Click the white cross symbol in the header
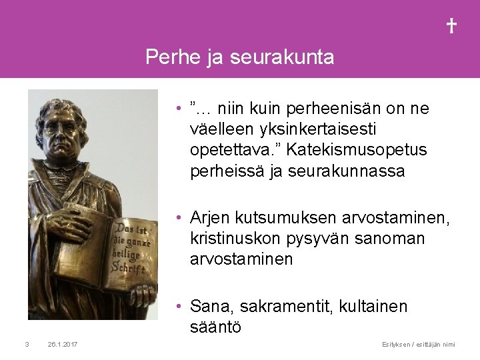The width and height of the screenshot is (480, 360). click(x=451, y=26)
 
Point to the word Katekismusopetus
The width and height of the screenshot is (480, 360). click(x=373, y=151)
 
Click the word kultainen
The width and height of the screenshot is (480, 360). click(x=374, y=306)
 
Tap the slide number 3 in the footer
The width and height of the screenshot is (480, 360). click(x=25, y=344)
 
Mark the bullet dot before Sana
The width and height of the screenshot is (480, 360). click(x=180, y=306)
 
